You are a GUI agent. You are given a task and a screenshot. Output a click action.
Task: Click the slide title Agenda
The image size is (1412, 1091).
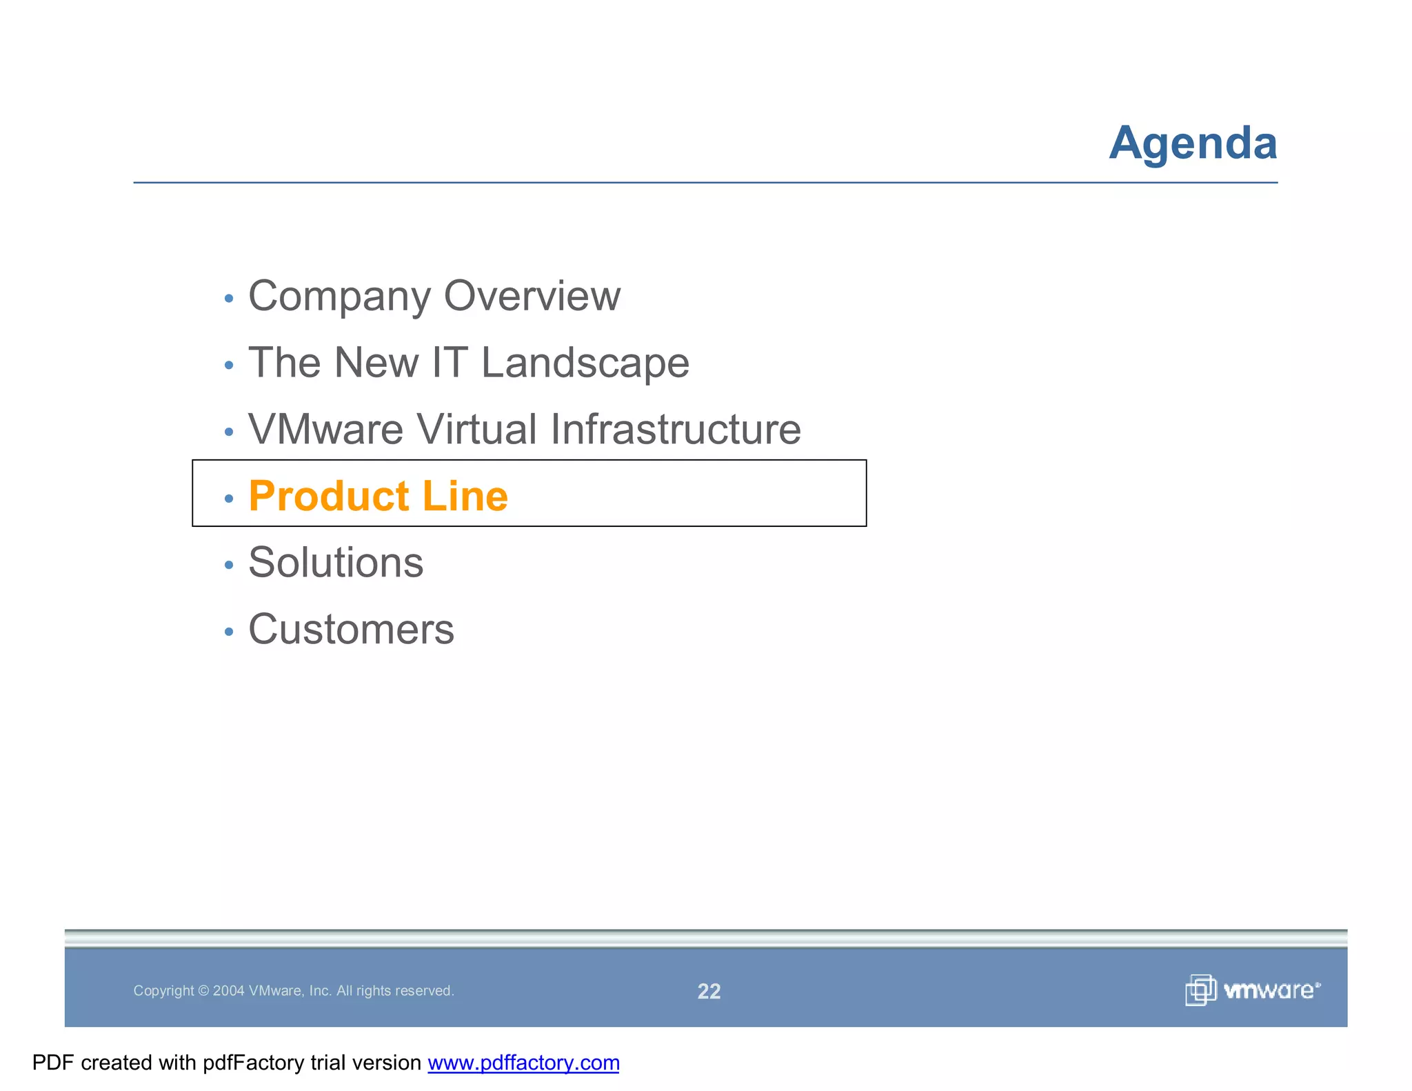pos(1193,143)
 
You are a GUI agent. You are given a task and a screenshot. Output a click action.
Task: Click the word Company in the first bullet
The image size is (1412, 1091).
pos(337,297)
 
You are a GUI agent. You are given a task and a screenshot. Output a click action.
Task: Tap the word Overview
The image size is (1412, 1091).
pos(532,296)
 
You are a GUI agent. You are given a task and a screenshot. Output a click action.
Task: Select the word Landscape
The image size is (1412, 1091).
pos(585,363)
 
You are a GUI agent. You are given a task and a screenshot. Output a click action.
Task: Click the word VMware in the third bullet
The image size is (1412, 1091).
pos(325,430)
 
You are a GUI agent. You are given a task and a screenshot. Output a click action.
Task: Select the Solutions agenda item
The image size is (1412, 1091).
pos(336,563)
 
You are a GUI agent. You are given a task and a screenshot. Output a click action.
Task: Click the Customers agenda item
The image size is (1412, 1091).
pos(351,630)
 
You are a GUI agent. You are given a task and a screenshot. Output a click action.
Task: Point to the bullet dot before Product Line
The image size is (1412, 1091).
pos(229,499)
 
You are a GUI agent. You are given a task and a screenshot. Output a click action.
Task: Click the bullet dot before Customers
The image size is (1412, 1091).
pos(229,632)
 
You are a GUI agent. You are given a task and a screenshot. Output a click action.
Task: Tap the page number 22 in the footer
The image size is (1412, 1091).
pos(709,991)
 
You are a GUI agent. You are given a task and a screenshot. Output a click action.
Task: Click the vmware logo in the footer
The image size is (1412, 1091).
pos(1253,990)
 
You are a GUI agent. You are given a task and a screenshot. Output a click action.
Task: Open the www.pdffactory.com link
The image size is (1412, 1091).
pos(523,1063)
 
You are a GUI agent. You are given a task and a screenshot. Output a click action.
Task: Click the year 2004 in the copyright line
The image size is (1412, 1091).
pos(228,991)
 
